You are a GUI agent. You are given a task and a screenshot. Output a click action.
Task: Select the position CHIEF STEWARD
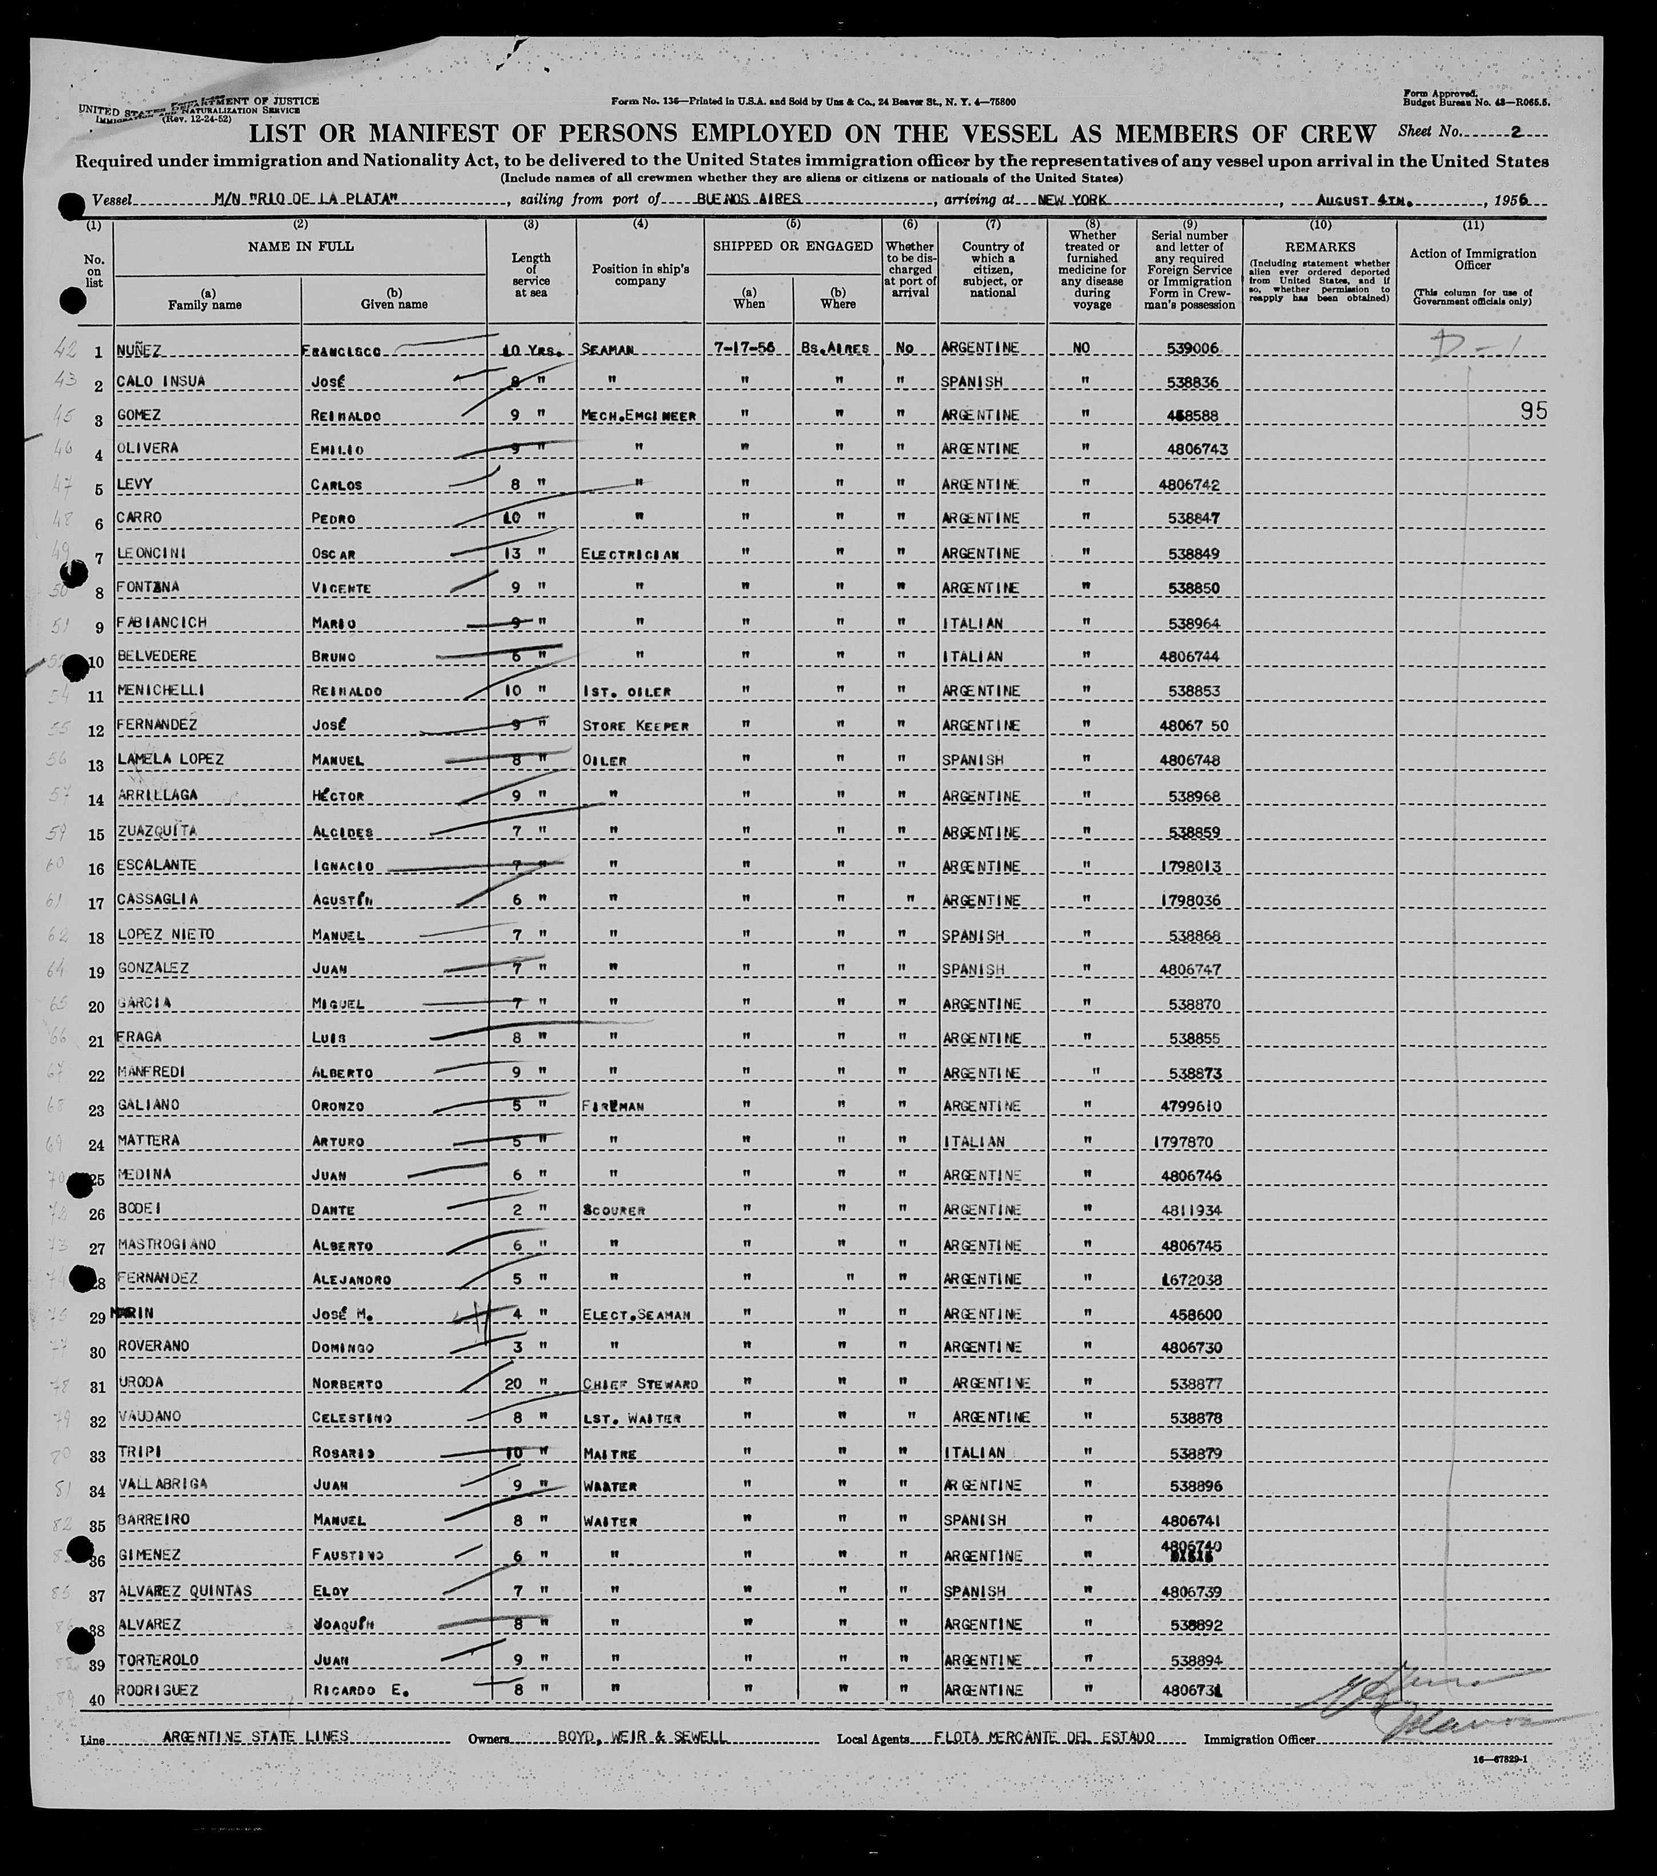tap(640, 1383)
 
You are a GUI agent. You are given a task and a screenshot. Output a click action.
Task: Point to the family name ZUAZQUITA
tap(156, 831)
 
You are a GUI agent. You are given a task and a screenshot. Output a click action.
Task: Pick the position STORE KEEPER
tap(635, 726)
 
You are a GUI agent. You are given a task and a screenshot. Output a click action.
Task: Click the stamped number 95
tap(1532, 411)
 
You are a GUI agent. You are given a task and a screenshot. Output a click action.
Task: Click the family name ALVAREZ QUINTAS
tap(183, 1590)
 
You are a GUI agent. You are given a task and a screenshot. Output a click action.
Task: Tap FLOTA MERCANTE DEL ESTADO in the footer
tap(1043, 1737)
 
